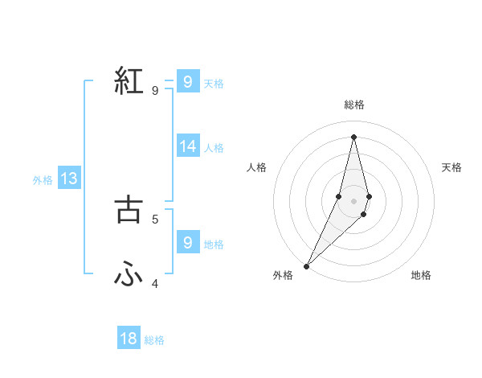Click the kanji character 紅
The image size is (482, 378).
[x=129, y=82]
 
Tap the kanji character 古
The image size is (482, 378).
[x=129, y=209]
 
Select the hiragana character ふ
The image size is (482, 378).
[x=129, y=275]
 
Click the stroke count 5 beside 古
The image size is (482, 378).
[x=155, y=218]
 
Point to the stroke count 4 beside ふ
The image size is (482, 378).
[x=155, y=283]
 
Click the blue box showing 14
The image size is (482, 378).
[x=188, y=146]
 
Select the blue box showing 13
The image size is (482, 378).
[x=69, y=179]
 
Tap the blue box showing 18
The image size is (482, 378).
[x=129, y=339]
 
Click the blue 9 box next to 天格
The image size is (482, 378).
[x=188, y=82]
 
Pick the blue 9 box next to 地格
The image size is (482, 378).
[x=188, y=243]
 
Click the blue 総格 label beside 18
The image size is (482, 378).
[x=154, y=340]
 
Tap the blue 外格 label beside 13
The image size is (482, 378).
[x=43, y=180]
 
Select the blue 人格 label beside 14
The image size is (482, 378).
[x=214, y=148]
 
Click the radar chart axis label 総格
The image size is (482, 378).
[x=353, y=105]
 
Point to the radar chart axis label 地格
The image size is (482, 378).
[x=421, y=276]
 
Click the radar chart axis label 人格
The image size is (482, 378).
[x=256, y=167]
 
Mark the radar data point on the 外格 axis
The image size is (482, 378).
[x=306, y=265]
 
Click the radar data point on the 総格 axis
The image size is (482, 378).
[x=353, y=136]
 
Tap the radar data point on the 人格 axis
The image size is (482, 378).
[x=338, y=195]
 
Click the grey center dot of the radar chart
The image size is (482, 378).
[x=353, y=200]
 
